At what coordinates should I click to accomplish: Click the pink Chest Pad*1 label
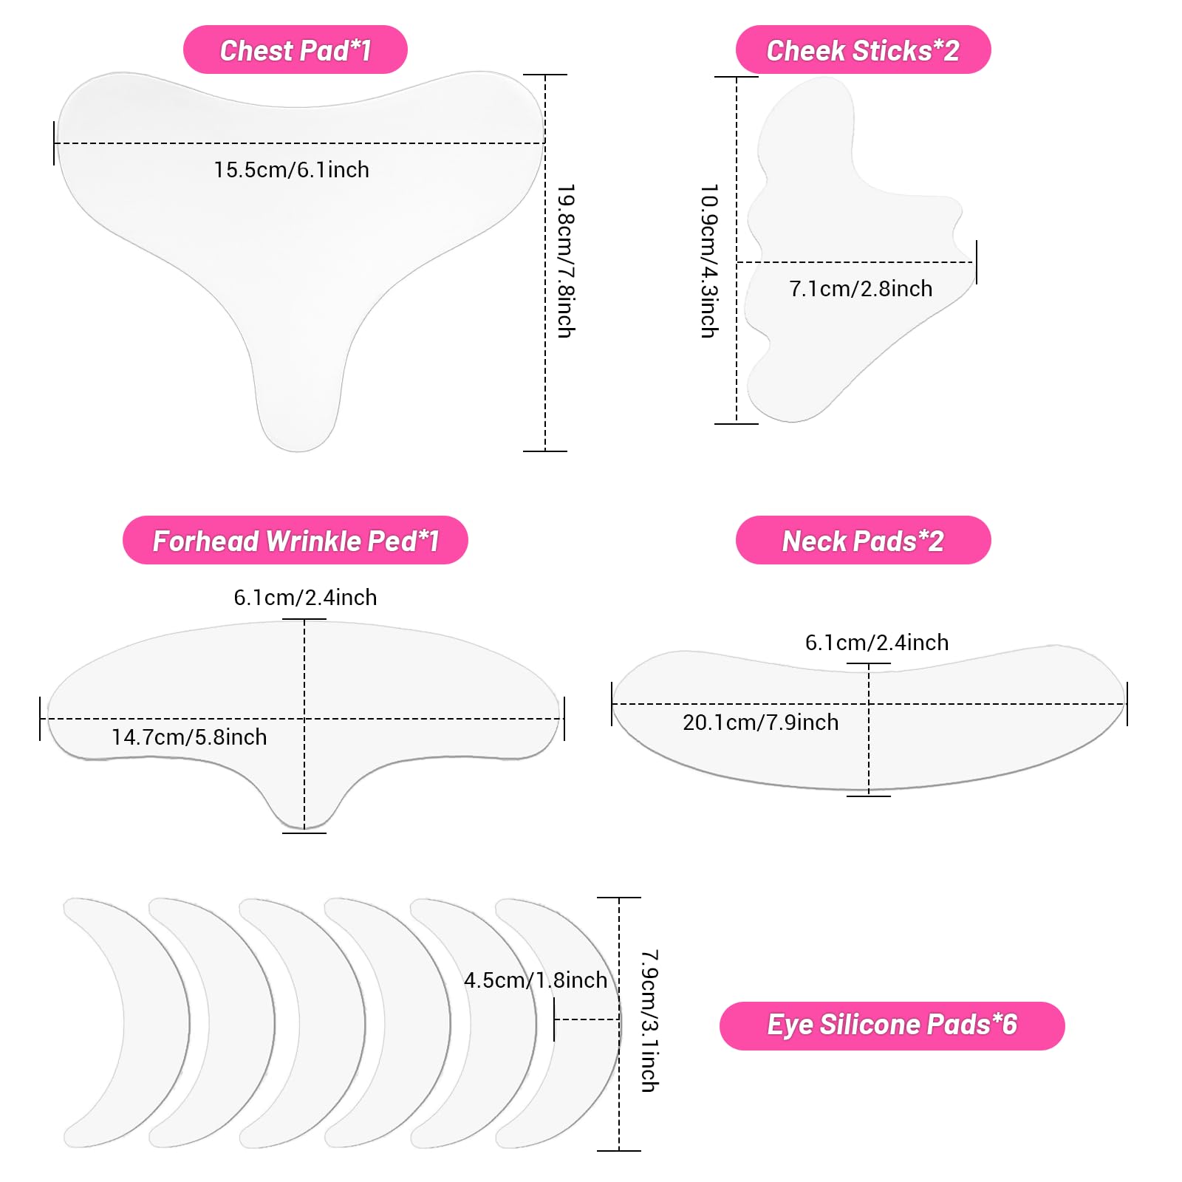(x=295, y=49)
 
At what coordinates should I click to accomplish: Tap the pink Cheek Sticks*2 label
(x=863, y=49)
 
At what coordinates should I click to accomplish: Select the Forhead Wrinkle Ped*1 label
(x=295, y=540)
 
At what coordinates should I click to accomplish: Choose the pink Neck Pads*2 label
(x=863, y=540)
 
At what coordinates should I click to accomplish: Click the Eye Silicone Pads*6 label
(x=892, y=1025)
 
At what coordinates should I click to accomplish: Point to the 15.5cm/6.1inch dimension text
(x=292, y=170)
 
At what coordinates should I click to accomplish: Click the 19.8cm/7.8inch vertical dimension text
(x=566, y=262)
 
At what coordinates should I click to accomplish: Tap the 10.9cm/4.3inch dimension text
(x=709, y=262)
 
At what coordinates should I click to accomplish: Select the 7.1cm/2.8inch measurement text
(x=861, y=289)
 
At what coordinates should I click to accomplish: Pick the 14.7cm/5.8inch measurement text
(x=189, y=737)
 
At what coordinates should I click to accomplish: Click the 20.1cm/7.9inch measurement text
(x=761, y=722)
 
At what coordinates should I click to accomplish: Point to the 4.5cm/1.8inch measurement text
(x=536, y=980)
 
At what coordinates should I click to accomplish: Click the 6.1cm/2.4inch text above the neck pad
(x=877, y=643)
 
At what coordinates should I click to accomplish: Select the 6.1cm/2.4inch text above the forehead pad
(x=305, y=598)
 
